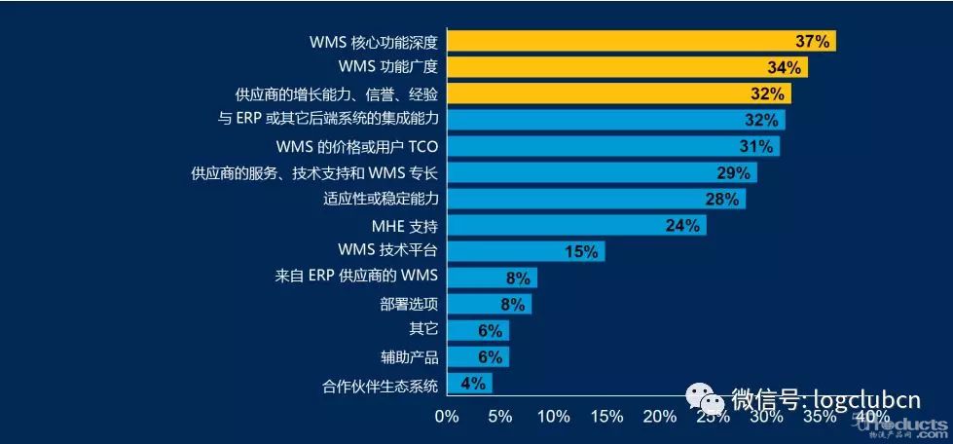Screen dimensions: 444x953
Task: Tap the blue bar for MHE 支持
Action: point(574,225)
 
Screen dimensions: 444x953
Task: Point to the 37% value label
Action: point(812,41)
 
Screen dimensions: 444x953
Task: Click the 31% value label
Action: point(755,146)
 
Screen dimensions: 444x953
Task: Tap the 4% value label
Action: point(473,383)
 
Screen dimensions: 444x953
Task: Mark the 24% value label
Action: point(682,225)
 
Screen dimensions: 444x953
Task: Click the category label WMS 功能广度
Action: point(388,67)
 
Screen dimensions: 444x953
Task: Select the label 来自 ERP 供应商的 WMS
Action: point(357,277)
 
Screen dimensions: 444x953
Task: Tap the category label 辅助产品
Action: point(410,356)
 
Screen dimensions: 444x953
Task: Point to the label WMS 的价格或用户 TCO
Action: point(357,146)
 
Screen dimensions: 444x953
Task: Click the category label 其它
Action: point(423,330)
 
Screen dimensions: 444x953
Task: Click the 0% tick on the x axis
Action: point(447,417)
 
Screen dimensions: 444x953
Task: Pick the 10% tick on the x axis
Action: point(553,417)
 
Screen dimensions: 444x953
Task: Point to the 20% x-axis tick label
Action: point(660,417)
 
